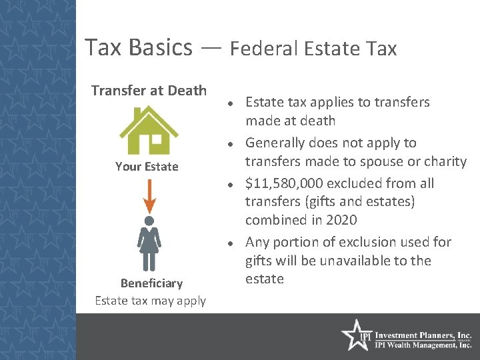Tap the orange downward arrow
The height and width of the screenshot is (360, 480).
(149, 195)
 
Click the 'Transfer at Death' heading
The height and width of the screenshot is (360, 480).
(149, 90)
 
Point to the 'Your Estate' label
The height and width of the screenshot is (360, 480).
(147, 167)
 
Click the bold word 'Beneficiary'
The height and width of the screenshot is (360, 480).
(151, 283)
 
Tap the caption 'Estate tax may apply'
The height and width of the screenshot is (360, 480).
(151, 301)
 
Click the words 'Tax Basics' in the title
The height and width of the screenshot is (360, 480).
(139, 47)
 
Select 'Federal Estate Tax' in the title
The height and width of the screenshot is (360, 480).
(313, 49)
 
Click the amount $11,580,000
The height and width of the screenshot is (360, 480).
(289, 183)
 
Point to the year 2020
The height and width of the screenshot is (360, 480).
(342, 220)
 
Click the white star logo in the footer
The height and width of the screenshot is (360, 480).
(355, 335)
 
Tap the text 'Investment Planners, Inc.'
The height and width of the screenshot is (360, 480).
(423, 335)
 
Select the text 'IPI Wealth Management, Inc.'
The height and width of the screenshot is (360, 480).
(423, 345)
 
